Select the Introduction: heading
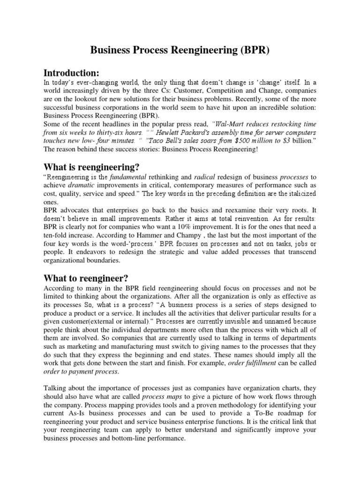(71, 73)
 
